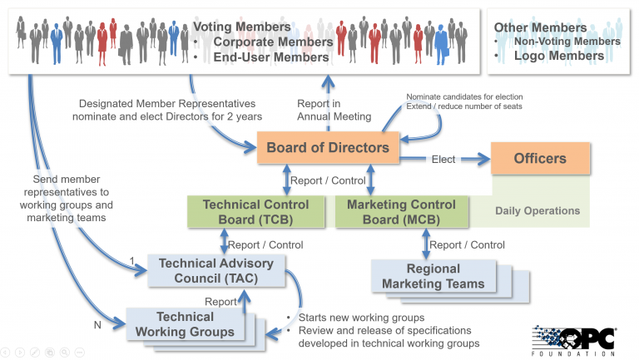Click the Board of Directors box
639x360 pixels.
point(328,149)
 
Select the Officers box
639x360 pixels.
point(540,158)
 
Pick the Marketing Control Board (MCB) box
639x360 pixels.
point(401,212)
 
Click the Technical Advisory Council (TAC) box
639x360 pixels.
point(215,271)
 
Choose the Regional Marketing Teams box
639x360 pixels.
point(433,277)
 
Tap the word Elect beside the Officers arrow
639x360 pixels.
point(443,159)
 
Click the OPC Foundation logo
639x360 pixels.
point(573,340)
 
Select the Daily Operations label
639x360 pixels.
point(537,210)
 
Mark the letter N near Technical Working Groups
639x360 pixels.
point(97,325)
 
